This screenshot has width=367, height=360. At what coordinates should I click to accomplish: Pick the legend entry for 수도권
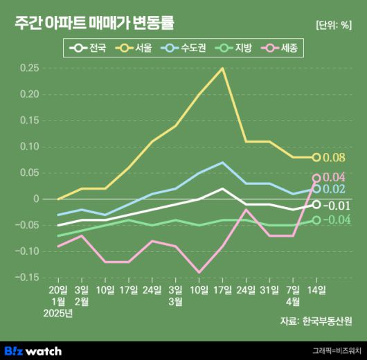click(x=184, y=48)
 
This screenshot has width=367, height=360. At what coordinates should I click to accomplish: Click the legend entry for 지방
click(x=235, y=48)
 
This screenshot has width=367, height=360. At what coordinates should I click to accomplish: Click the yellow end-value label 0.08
click(x=334, y=158)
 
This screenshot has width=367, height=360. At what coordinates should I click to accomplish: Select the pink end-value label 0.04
click(x=334, y=177)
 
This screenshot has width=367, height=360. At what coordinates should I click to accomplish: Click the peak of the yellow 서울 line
click(x=222, y=68)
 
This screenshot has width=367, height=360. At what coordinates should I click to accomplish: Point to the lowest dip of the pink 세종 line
click(x=199, y=273)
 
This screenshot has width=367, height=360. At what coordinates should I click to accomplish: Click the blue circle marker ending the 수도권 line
click(x=316, y=188)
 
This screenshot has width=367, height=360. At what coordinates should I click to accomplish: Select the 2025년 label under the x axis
click(x=58, y=314)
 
